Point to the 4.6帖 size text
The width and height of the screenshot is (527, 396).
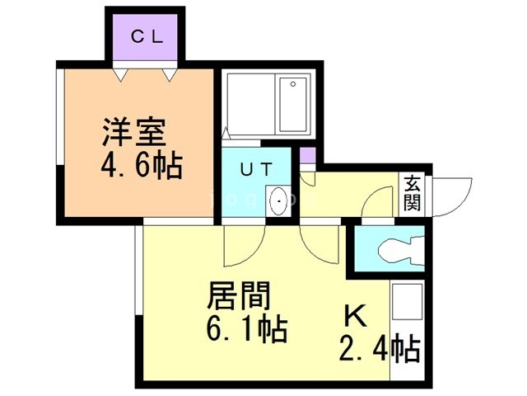coord(141,167)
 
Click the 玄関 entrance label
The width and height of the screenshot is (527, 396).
coord(412,193)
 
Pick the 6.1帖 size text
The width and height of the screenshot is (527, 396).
coord(245,330)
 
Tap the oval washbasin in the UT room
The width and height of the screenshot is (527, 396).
coord(280,200)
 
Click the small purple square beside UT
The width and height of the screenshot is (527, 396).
coord(306,155)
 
